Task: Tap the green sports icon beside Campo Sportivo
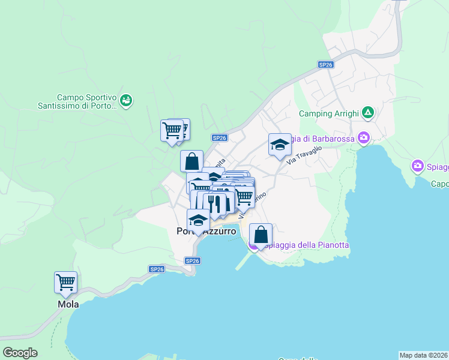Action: (x=126, y=100)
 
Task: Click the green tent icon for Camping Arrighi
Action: (x=368, y=112)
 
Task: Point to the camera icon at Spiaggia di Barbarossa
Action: (x=363, y=139)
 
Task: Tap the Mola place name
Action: (x=68, y=304)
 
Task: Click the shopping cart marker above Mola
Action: (x=65, y=282)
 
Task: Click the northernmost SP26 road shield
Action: (x=325, y=65)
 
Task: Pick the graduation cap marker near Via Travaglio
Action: (x=280, y=145)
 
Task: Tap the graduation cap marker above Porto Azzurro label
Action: (x=199, y=220)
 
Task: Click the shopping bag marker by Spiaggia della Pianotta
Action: (x=261, y=235)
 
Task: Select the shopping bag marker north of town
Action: (x=191, y=161)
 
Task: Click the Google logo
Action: (x=20, y=353)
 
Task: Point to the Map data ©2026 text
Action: (x=423, y=355)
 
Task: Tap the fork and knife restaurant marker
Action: (x=215, y=204)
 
